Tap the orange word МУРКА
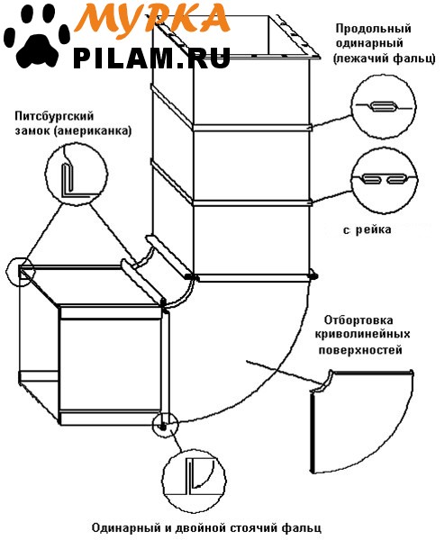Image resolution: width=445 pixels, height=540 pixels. [x=152, y=17]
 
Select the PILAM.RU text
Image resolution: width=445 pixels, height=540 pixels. [x=151, y=58]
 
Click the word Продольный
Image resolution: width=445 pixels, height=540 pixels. [x=374, y=29]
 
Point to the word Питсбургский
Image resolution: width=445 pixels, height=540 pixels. [x=54, y=116]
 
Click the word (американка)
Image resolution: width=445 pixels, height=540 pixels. [x=93, y=131]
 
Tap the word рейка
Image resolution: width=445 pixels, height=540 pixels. [x=373, y=229]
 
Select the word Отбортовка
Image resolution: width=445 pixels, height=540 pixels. [x=359, y=320]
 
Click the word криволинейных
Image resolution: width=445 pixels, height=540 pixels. [x=363, y=335]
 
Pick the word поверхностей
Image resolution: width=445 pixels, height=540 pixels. [x=360, y=350]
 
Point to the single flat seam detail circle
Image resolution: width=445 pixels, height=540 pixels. [x=384, y=107]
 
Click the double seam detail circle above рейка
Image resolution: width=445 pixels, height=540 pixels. [x=385, y=181]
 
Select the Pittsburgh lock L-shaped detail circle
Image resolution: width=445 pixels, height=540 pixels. [x=77, y=173]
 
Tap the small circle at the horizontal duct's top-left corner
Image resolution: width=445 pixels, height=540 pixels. [x=21, y=271]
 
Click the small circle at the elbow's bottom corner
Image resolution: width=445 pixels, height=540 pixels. [x=165, y=425]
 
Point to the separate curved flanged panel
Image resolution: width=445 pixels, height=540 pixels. [x=362, y=422]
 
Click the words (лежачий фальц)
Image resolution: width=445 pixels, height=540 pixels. [x=385, y=58]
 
